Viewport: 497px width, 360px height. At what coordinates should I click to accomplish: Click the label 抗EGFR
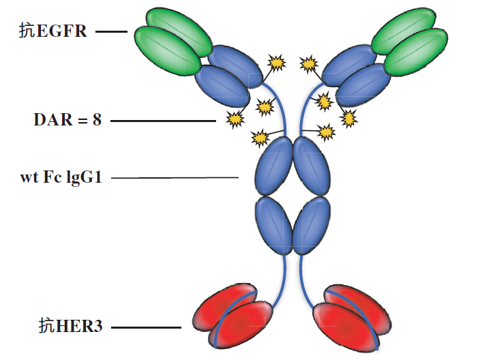52,31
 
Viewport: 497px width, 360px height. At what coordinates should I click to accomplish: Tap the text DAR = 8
67,121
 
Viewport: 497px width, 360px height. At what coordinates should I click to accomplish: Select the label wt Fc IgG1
61,179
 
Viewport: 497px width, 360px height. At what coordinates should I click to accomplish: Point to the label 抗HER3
70,327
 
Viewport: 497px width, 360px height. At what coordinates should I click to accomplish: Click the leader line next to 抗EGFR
110,31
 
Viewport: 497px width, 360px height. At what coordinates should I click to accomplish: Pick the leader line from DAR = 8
164,121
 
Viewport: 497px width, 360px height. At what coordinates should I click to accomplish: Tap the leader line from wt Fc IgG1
174,179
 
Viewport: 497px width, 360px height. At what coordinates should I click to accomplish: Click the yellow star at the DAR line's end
235,120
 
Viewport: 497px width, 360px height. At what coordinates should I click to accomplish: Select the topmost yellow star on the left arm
277,63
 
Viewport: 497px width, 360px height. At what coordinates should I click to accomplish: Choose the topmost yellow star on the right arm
309,64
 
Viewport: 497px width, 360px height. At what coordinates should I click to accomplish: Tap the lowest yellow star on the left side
260,138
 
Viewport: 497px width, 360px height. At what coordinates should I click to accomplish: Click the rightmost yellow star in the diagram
348,119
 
